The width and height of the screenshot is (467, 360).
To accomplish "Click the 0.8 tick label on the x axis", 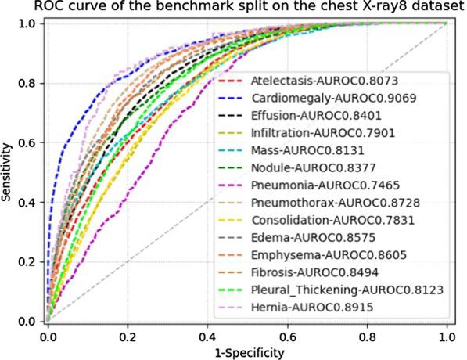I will (x=366, y=337).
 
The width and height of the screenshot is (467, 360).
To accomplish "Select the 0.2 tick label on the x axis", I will (x=127, y=337).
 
